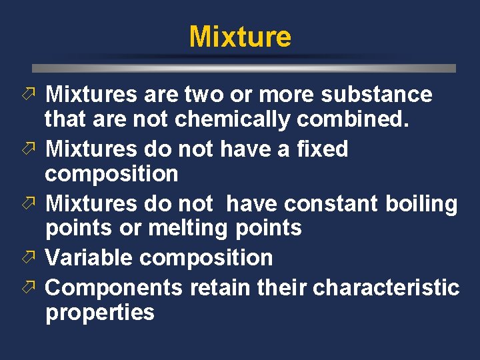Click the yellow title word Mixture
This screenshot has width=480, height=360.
(240, 37)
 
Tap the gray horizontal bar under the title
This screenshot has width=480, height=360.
(244, 68)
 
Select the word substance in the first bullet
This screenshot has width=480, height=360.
(377, 95)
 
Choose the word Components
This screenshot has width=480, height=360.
(113, 287)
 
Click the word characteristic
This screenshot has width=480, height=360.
(386, 287)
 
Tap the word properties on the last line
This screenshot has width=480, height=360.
(100, 312)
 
